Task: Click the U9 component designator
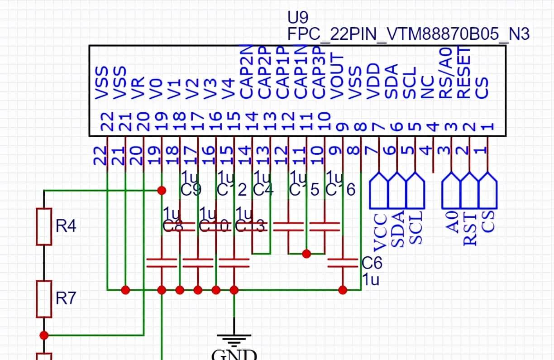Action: point(298,18)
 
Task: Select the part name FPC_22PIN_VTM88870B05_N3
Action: point(408,34)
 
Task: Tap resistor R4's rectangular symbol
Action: point(44,226)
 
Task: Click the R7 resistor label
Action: point(66,298)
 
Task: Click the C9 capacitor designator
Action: point(191,190)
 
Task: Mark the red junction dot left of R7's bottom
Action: point(44,335)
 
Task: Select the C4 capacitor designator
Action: point(264,190)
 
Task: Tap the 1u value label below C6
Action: point(371,279)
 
